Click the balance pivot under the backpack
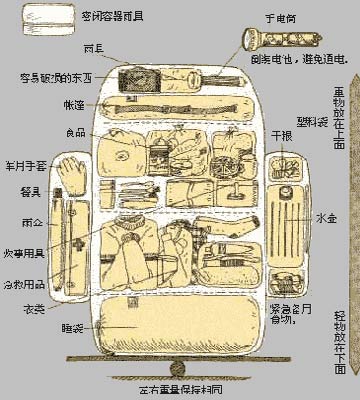[x=178, y=366]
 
